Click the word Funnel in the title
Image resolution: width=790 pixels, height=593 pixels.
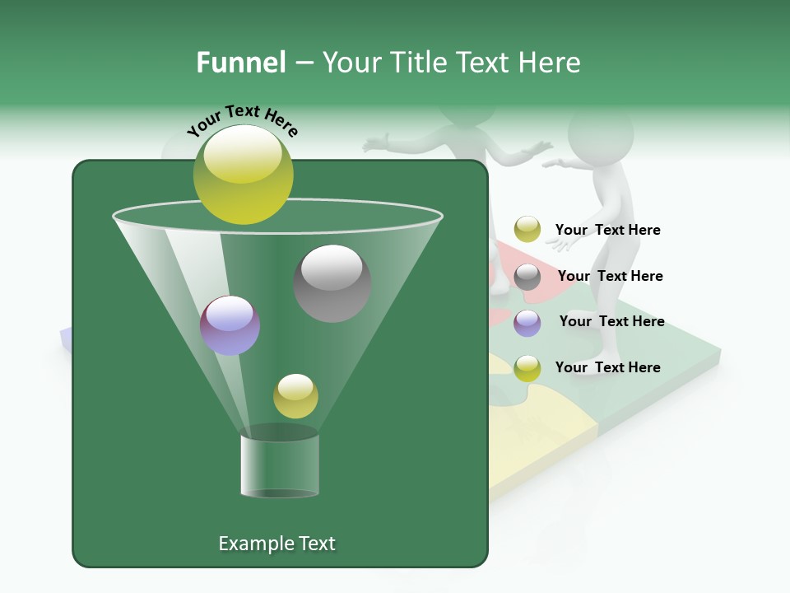(240, 63)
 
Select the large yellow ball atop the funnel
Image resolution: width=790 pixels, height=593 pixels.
(244, 174)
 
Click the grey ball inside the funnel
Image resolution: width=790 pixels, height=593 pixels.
(332, 282)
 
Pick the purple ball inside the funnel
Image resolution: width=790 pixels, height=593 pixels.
(230, 325)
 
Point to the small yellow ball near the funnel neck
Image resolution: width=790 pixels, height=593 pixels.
(295, 396)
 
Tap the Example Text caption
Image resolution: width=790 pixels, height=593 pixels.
(276, 544)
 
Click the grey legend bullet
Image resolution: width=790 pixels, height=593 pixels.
(527, 277)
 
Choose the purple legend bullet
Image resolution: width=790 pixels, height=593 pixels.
(527, 323)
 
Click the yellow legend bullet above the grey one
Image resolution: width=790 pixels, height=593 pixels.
(527, 230)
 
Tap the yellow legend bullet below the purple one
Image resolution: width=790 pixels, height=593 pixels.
(527, 368)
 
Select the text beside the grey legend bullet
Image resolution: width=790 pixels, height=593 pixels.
(610, 276)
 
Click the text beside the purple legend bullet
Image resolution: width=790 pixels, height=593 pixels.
(611, 321)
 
